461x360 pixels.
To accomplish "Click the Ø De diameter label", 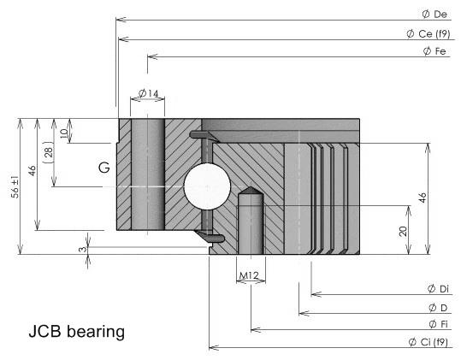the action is click(x=434, y=14).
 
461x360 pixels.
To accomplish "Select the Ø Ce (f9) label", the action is click(x=428, y=34).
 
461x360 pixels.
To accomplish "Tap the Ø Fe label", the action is click(x=434, y=51).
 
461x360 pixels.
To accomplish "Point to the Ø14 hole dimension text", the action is click(x=149, y=93).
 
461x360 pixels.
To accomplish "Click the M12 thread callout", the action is click(x=250, y=275).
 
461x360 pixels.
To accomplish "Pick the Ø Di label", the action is click(x=438, y=288).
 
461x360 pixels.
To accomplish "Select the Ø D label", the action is click(x=438, y=308).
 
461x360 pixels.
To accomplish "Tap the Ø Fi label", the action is click(x=438, y=324).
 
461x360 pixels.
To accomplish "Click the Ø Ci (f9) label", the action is click(x=428, y=342).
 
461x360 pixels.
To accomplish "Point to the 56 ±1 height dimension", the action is click(x=15, y=187).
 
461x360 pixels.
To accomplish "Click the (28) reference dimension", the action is click(x=48, y=152).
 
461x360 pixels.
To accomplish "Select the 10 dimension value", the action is click(x=64, y=133).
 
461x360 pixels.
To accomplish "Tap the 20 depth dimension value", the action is click(x=403, y=231).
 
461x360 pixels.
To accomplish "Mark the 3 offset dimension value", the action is click(x=83, y=249).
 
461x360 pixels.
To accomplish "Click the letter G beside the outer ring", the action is click(x=104, y=168).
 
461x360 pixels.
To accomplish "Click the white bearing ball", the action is click(x=207, y=186).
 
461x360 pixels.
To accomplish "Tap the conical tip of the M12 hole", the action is click(x=250, y=187).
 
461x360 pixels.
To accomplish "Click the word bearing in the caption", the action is click(x=96, y=332).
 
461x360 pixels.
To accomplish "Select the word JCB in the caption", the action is click(x=45, y=331).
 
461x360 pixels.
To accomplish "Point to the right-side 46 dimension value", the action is click(x=423, y=198).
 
